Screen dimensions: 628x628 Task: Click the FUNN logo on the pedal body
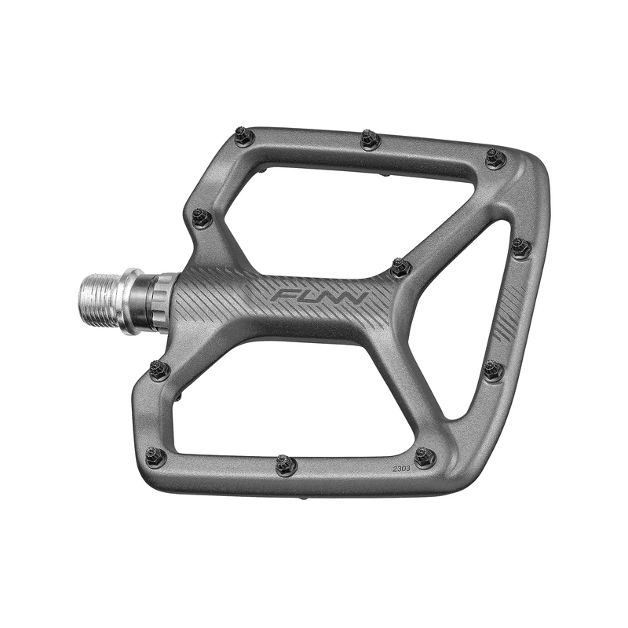(x=320, y=298)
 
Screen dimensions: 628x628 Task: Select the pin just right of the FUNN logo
(x=400, y=268)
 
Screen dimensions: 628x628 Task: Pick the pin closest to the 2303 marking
(x=425, y=457)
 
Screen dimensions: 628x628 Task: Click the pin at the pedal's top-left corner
(x=244, y=138)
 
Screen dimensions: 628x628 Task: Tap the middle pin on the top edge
(x=371, y=141)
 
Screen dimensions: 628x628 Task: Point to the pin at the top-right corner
(x=495, y=159)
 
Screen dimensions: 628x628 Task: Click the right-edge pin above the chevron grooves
(x=520, y=248)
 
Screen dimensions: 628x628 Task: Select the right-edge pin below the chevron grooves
(x=493, y=370)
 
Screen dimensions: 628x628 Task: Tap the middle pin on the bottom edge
(x=286, y=466)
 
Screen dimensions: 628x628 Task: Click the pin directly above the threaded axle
(x=202, y=217)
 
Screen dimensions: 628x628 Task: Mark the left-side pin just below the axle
(x=159, y=370)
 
